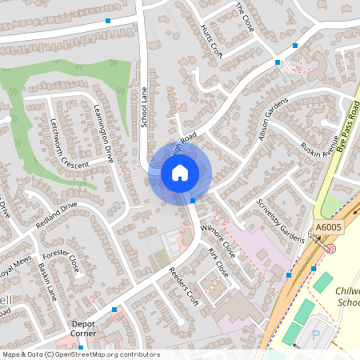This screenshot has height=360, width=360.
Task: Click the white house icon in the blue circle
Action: [179, 172]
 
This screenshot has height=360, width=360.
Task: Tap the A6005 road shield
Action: [329, 228]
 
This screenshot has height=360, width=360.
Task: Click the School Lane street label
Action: [145, 106]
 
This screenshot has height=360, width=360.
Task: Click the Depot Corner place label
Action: [82, 328]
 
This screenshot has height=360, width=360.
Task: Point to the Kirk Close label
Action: [218, 263]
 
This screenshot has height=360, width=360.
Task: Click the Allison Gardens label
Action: [272, 121]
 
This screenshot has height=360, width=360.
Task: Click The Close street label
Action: [245, 17]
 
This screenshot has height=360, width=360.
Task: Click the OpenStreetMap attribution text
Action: [81, 354]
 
